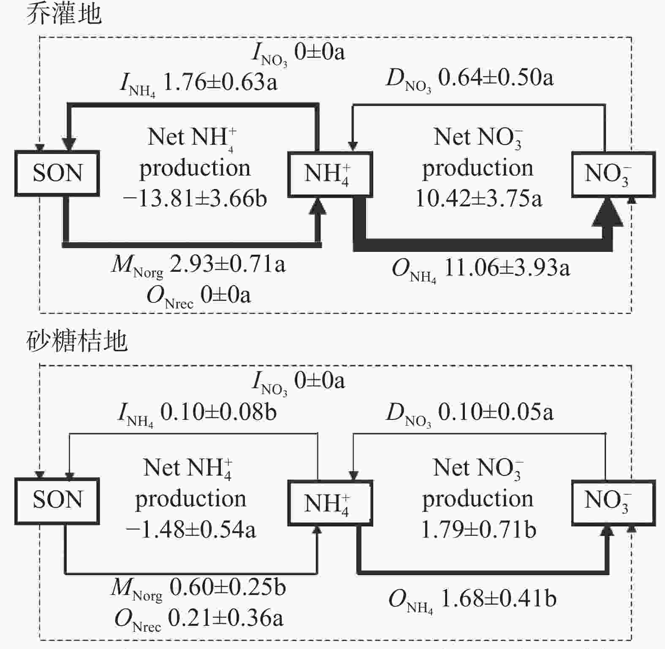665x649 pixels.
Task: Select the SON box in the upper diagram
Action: click(x=57, y=173)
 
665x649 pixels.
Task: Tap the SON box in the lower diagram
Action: click(x=57, y=501)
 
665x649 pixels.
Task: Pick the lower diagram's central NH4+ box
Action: click(x=330, y=503)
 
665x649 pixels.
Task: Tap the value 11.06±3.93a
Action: click(x=507, y=268)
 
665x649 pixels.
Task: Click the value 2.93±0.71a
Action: click(x=227, y=265)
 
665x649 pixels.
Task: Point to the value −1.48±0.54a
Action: click(x=191, y=529)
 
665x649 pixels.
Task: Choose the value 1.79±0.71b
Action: click(x=479, y=529)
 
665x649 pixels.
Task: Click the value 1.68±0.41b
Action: click(x=499, y=598)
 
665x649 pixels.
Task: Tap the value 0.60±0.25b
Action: click(x=228, y=587)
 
